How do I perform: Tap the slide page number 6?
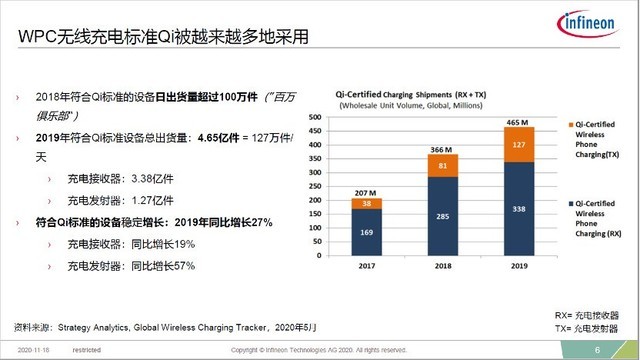click(x=597, y=350)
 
